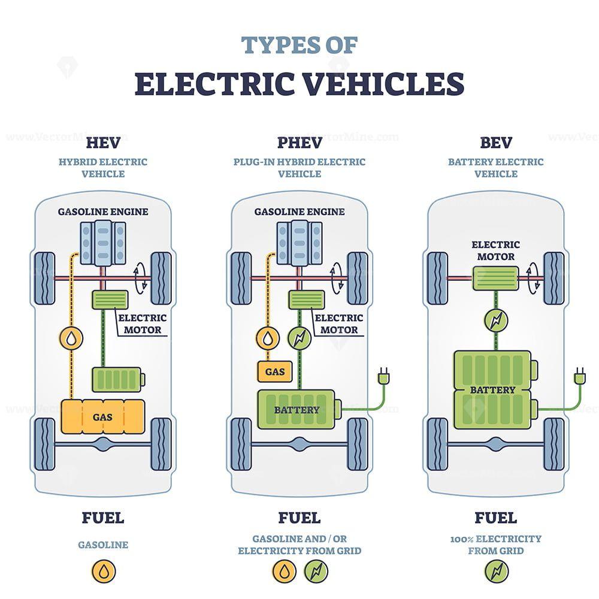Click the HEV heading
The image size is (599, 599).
[103, 142]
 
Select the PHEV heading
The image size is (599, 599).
[299, 142]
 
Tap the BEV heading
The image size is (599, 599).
[496, 142]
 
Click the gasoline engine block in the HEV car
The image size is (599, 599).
[103, 242]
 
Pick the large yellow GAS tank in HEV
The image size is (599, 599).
[104, 416]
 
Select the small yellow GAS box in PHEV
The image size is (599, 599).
[275, 371]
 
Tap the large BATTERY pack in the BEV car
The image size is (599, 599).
[493, 389]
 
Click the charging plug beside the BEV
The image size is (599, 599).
[579, 377]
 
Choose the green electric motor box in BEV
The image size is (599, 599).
[495, 279]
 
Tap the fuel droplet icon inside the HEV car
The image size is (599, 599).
[71, 339]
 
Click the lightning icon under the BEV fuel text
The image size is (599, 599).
[496, 571]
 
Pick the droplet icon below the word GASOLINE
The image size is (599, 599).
[103, 571]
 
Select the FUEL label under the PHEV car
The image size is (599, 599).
[299, 517]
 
